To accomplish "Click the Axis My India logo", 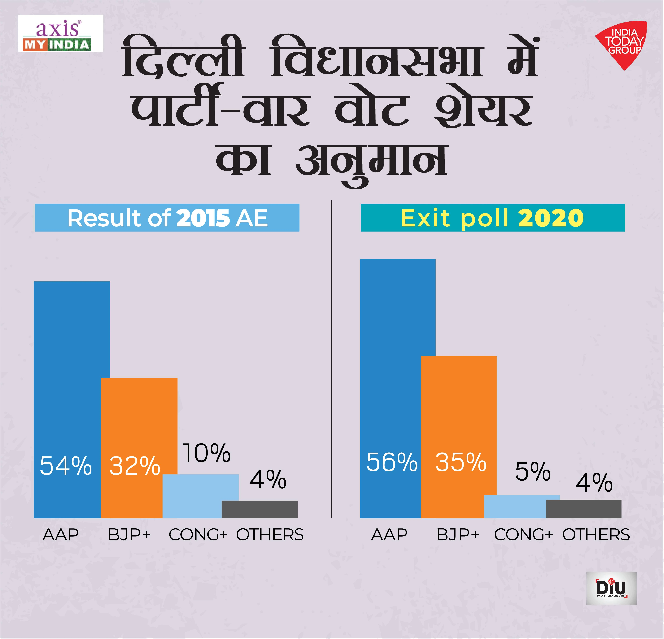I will click(61, 33).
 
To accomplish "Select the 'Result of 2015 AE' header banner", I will click(167, 218).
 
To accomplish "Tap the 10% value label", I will click(207, 453).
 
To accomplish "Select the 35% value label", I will click(461, 462).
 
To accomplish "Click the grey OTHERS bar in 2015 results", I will click(259, 509).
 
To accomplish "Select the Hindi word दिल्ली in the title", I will click(183, 58).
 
